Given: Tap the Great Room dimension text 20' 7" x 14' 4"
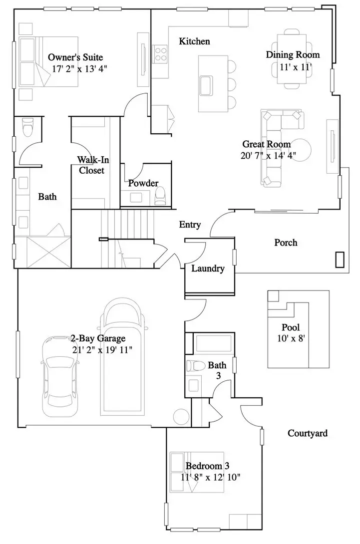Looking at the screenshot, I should (268, 155).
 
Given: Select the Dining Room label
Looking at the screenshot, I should (293, 55).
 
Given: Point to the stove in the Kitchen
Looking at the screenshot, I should (160, 53).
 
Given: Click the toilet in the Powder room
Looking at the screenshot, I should (160, 196).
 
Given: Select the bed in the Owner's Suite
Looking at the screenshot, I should (48, 62).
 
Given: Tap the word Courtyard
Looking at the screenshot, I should (308, 433).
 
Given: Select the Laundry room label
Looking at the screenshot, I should (208, 269).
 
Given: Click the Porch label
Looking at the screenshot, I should (286, 243).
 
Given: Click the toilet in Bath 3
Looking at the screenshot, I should (196, 365).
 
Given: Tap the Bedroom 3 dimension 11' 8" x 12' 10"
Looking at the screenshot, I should (211, 478).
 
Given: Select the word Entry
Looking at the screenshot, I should (190, 225).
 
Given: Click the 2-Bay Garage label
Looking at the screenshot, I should (98, 339).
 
